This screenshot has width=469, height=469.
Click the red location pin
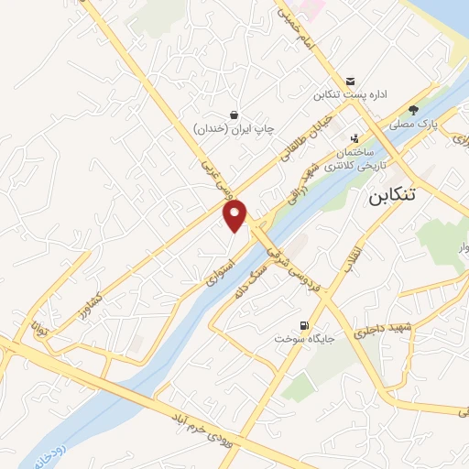pyautogui.click(x=236, y=214)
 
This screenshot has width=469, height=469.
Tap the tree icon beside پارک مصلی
pyautogui.click(x=414, y=121)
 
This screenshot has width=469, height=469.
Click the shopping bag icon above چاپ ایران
pyautogui.click(x=235, y=114)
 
